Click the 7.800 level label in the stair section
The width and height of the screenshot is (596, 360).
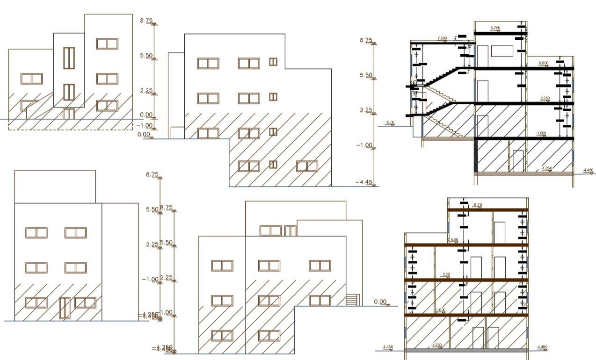pyautogui.click(x=442, y=38)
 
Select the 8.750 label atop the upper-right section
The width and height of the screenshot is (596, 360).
pyautogui.click(x=495, y=28)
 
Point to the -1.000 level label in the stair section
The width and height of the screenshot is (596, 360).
pyautogui.click(x=541, y=134)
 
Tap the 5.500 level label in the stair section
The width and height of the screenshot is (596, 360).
pyautogui.click(x=544, y=63)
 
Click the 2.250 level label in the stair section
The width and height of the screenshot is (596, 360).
pyautogui.click(x=545, y=98)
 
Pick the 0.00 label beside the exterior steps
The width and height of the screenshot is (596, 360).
pyautogui.click(x=381, y=302)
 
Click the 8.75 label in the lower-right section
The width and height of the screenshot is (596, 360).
pyautogui.click(x=478, y=205)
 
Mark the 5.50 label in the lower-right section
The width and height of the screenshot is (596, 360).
pyautogui.click(x=454, y=240)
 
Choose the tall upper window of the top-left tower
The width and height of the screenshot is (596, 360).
pyautogui.click(x=69, y=58)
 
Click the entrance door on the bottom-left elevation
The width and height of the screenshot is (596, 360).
pyautogui.click(x=65, y=308)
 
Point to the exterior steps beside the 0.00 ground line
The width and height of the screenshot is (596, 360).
pyautogui.click(x=352, y=300)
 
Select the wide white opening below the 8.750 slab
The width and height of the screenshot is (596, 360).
pyautogui.click(x=502, y=51)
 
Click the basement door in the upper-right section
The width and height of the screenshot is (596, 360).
pyautogui.click(x=518, y=161)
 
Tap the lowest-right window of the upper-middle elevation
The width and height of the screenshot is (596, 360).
pyautogui.click(x=307, y=166)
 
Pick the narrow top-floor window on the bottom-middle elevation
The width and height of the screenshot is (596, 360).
pyautogui.click(x=291, y=230)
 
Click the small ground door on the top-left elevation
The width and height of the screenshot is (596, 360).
pyautogui.click(x=69, y=114)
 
